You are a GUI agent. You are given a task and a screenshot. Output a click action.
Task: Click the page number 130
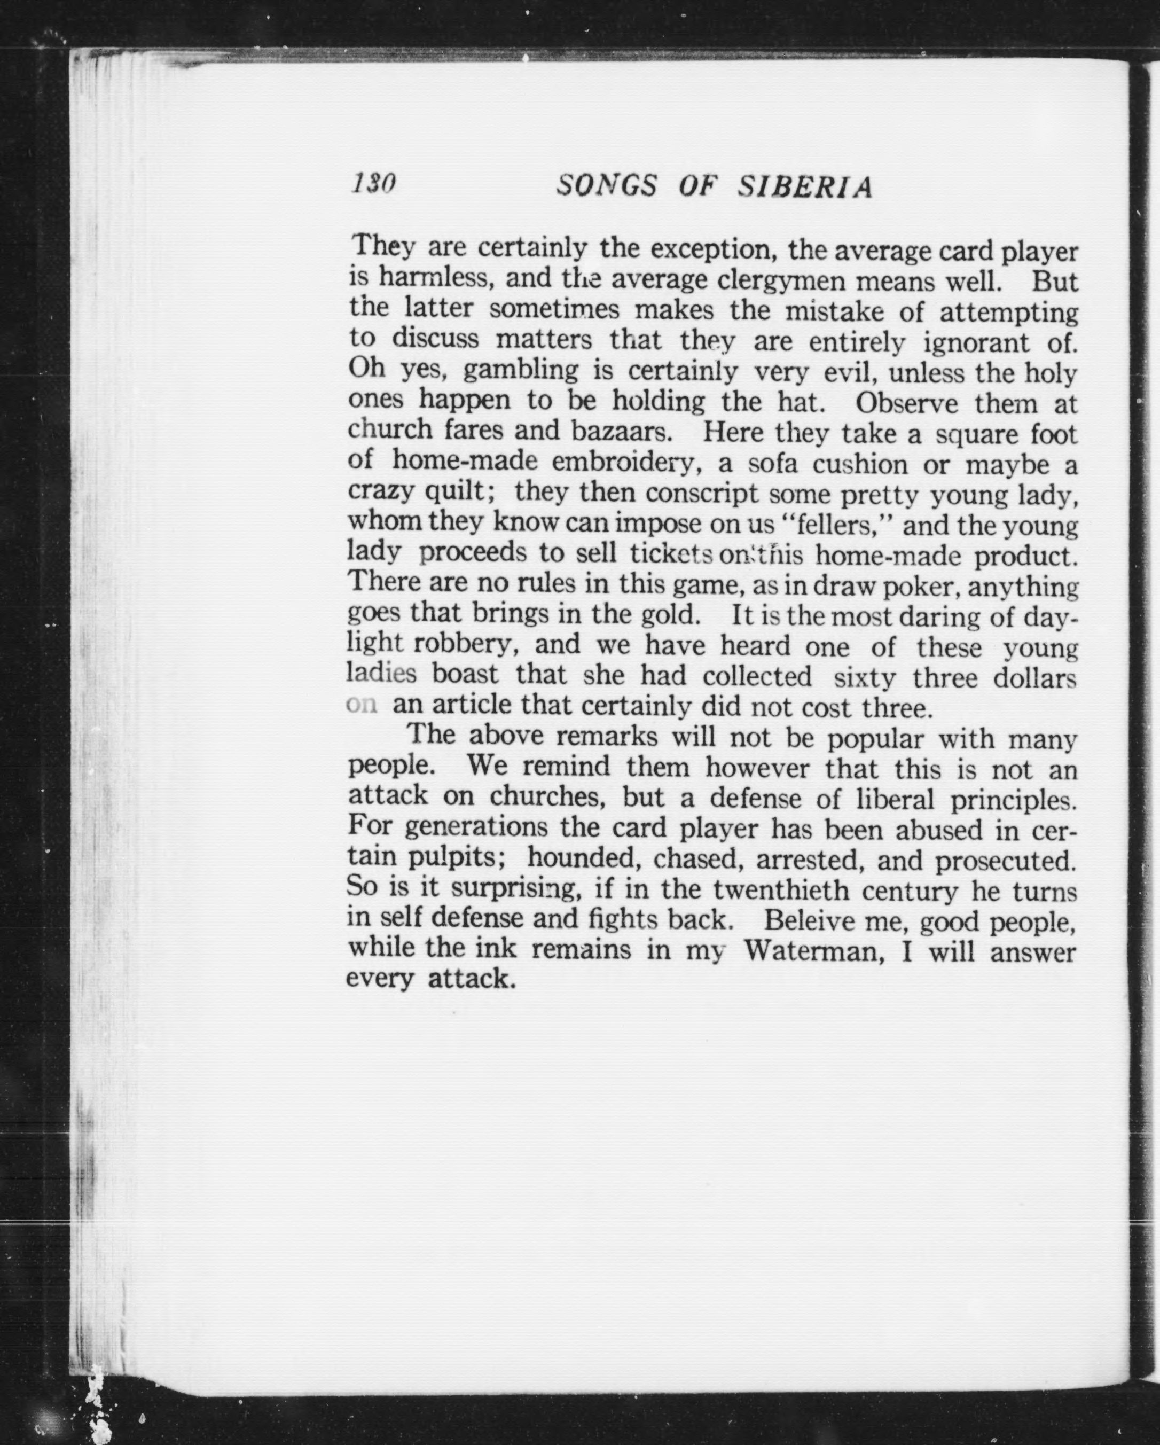pos(373,183)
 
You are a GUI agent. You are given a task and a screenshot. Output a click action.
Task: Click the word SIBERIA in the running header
pos(805,187)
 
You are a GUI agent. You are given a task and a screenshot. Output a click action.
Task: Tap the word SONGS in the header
pos(607,186)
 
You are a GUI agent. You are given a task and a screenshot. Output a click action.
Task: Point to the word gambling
pos(520,370)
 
